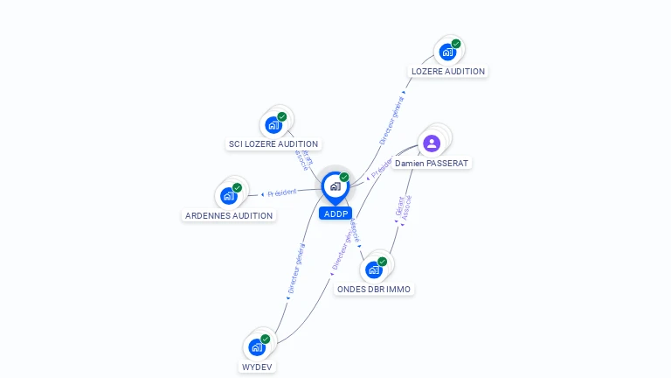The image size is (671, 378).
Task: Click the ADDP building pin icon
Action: click(x=335, y=186)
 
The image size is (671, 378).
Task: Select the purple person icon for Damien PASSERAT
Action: click(x=431, y=143)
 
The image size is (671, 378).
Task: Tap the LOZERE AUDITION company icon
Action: click(x=447, y=52)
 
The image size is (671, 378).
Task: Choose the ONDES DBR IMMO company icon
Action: click(x=374, y=269)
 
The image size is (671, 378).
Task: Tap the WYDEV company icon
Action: click(x=257, y=347)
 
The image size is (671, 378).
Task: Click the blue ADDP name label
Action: click(x=335, y=213)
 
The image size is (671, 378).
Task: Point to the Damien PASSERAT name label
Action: click(x=432, y=164)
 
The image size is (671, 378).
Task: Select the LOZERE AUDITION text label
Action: click(x=448, y=72)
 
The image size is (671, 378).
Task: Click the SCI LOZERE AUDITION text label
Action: click(x=273, y=144)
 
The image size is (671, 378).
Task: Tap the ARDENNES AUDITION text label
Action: click(x=229, y=215)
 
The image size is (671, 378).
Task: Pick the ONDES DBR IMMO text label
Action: click(x=374, y=289)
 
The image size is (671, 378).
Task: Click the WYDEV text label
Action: click(x=257, y=367)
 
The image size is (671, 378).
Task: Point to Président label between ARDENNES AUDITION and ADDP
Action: click(x=281, y=192)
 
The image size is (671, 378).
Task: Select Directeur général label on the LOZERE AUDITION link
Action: click(x=391, y=120)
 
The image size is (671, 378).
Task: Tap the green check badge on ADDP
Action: click(x=344, y=178)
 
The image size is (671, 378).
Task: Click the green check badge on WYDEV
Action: click(x=265, y=339)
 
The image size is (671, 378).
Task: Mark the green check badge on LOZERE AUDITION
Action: click(x=455, y=45)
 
